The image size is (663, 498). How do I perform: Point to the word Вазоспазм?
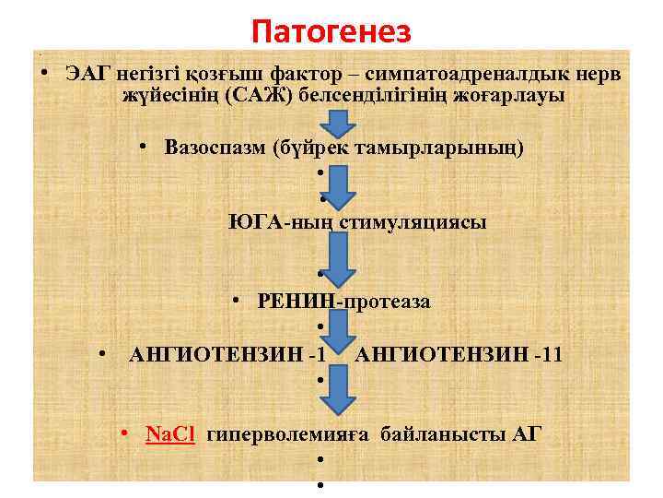[215, 148]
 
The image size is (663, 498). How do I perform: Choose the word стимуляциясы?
[413, 221]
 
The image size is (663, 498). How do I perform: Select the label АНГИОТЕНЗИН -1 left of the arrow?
[227, 353]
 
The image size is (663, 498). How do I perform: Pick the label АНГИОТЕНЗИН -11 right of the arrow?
[460, 353]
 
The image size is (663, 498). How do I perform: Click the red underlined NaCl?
[171, 434]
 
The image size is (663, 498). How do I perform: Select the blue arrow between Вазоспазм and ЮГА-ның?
[340, 189]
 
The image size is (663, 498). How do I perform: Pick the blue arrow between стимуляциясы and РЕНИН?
[340, 258]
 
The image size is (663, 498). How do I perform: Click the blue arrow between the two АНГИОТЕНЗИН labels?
[338, 334]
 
